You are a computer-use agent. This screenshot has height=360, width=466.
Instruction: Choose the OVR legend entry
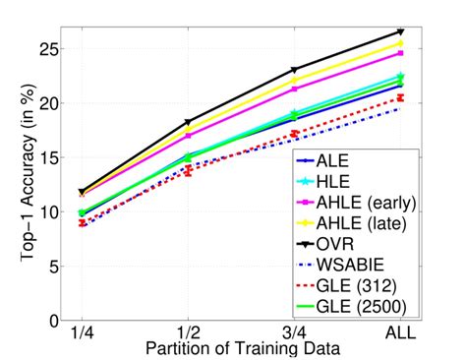click(352, 242)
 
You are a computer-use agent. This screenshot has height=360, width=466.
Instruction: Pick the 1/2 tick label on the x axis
click(187, 334)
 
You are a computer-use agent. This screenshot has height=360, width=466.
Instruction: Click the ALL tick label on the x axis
click(399, 334)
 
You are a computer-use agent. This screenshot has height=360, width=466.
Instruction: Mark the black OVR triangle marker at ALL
click(399, 32)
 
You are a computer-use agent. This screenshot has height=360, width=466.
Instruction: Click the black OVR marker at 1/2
click(189, 123)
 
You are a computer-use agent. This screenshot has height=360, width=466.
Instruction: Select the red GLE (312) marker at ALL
click(399, 97)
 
